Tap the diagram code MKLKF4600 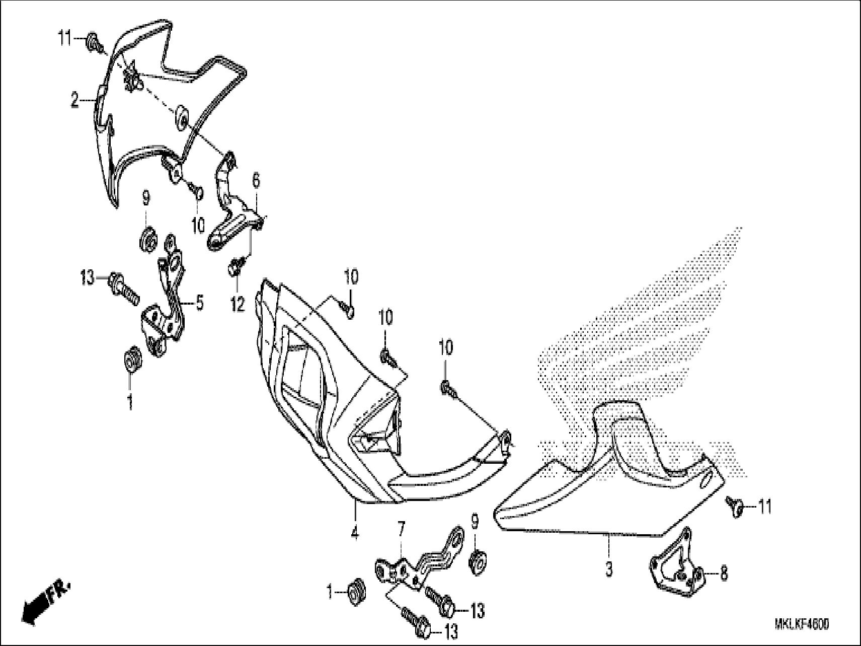pyautogui.click(x=802, y=625)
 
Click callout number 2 pyautogui.click(x=74, y=101)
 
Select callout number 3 pyautogui.click(x=609, y=570)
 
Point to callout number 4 pyautogui.click(x=355, y=532)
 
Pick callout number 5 pyautogui.click(x=200, y=304)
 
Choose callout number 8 pyautogui.click(x=724, y=573)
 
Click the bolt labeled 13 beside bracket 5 pyautogui.click(x=123, y=285)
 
